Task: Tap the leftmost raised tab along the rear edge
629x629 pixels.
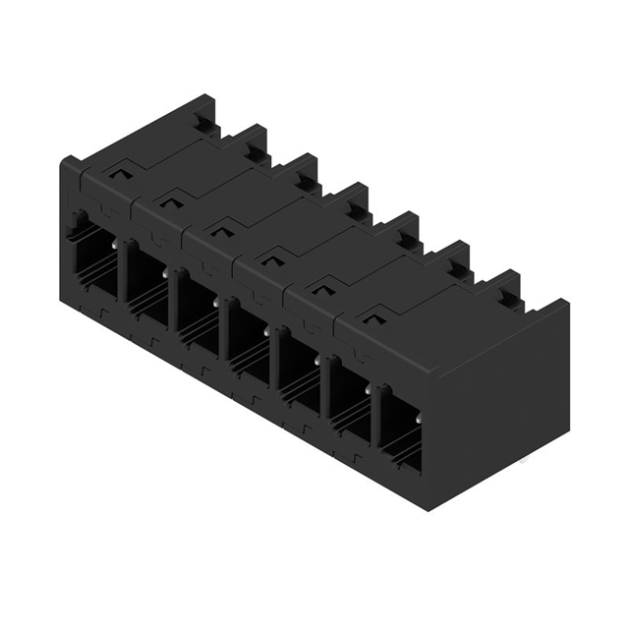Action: (x=201, y=118)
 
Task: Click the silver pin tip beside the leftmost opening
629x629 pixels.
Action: (x=116, y=243)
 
